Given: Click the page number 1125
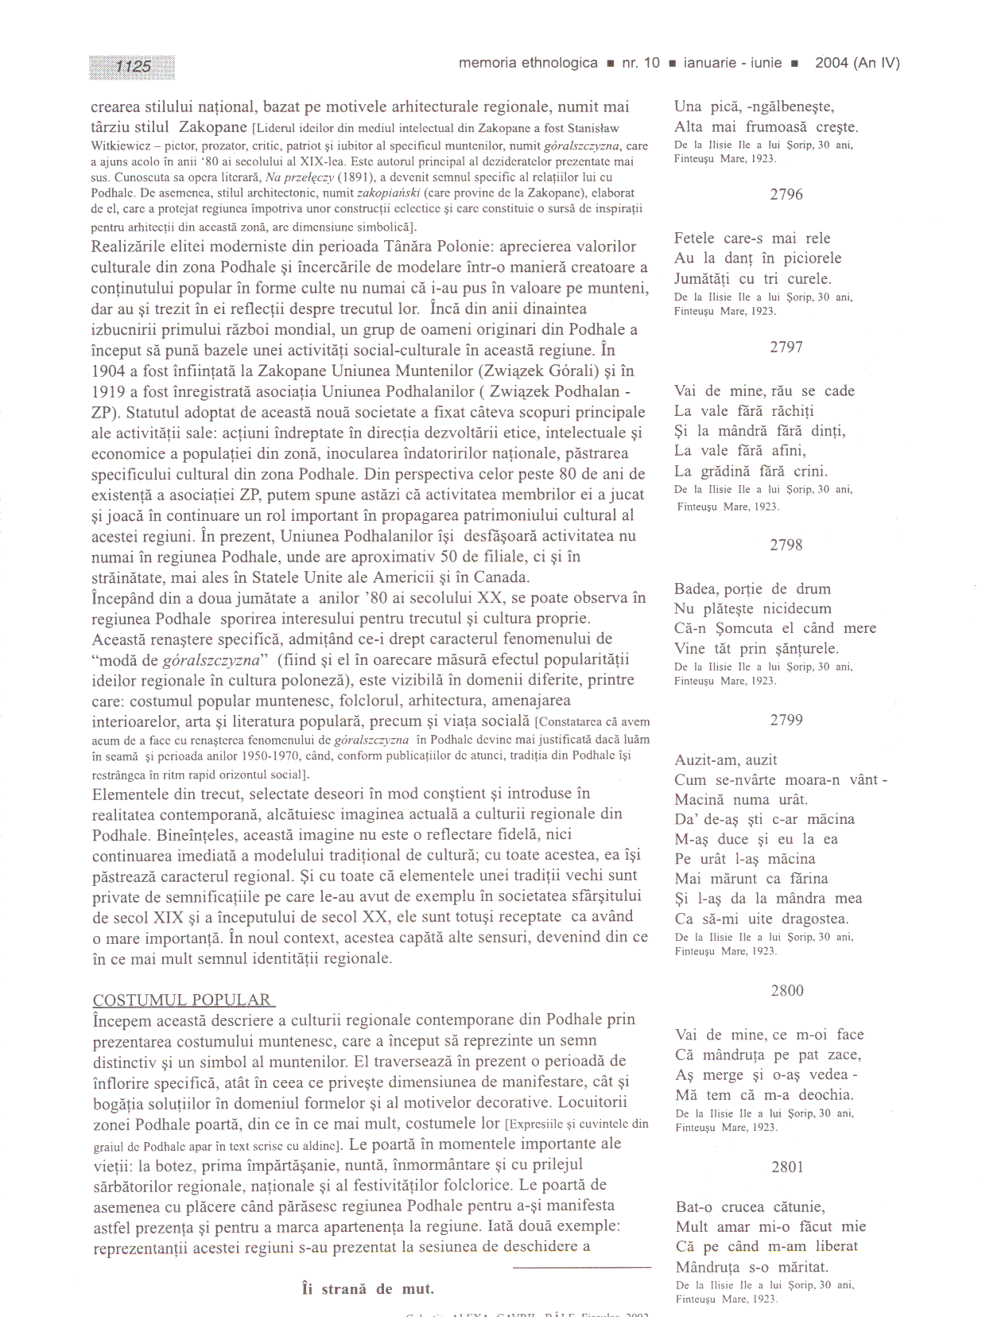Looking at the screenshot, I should (133, 67).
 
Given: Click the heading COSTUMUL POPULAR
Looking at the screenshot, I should (182, 1000).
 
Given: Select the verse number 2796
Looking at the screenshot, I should (786, 194).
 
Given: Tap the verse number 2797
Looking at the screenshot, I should (786, 347).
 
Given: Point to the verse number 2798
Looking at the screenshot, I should (786, 545).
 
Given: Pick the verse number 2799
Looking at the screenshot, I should (786, 720).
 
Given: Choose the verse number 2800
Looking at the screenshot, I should (786, 990).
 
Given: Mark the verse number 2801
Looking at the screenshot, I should (786, 1167).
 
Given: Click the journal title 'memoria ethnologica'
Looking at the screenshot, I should (528, 63).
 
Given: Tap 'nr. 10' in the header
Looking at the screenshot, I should (640, 63).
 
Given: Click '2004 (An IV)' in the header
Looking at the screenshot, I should (857, 63).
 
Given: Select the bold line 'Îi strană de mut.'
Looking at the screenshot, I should (368, 1289).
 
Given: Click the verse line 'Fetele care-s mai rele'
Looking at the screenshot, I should (752, 239).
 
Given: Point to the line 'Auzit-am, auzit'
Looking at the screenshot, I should (726, 760).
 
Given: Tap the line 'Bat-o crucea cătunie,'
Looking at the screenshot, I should (751, 1207).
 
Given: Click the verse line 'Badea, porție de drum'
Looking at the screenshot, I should (752, 589).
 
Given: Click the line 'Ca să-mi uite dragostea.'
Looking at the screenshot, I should (762, 919).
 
